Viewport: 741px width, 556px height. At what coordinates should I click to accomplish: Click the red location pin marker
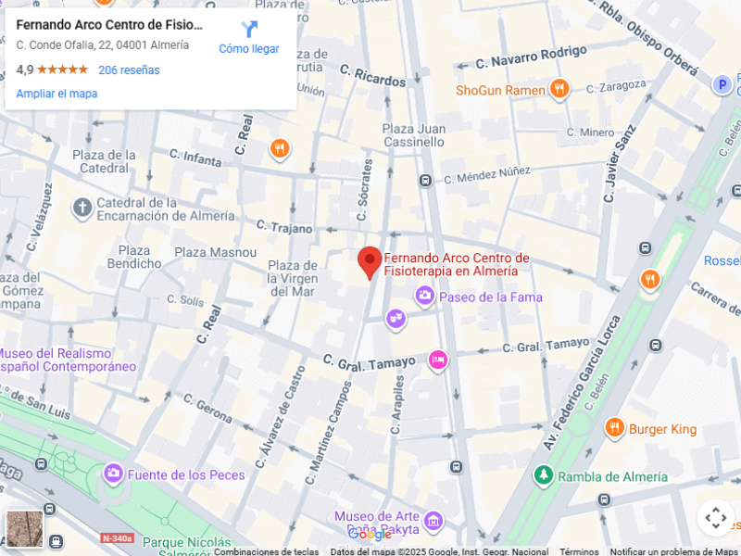click(370, 261)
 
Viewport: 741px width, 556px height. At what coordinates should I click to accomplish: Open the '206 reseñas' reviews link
click(129, 70)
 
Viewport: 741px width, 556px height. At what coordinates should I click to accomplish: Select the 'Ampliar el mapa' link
click(57, 94)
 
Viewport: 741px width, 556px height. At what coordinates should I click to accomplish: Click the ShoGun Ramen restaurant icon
click(559, 90)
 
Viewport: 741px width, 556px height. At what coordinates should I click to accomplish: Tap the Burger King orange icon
click(614, 428)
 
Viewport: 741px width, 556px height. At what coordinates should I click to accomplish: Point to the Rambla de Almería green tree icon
click(543, 476)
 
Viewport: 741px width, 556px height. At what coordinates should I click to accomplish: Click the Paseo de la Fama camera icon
click(425, 297)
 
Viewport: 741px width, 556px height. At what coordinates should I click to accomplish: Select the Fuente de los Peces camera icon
click(114, 474)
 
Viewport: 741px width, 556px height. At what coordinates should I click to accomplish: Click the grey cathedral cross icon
click(82, 208)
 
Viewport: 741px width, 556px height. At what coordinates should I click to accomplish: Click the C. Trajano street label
click(285, 227)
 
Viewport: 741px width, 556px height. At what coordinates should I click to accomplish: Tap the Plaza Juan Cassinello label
click(413, 135)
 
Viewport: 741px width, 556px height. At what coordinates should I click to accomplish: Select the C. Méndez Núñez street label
click(486, 175)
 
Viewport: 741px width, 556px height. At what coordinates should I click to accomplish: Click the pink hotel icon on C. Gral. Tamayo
click(438, 360)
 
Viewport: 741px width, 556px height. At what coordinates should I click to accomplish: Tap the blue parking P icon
click(722, 85)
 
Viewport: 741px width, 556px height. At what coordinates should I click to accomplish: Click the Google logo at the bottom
click(370, 535)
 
